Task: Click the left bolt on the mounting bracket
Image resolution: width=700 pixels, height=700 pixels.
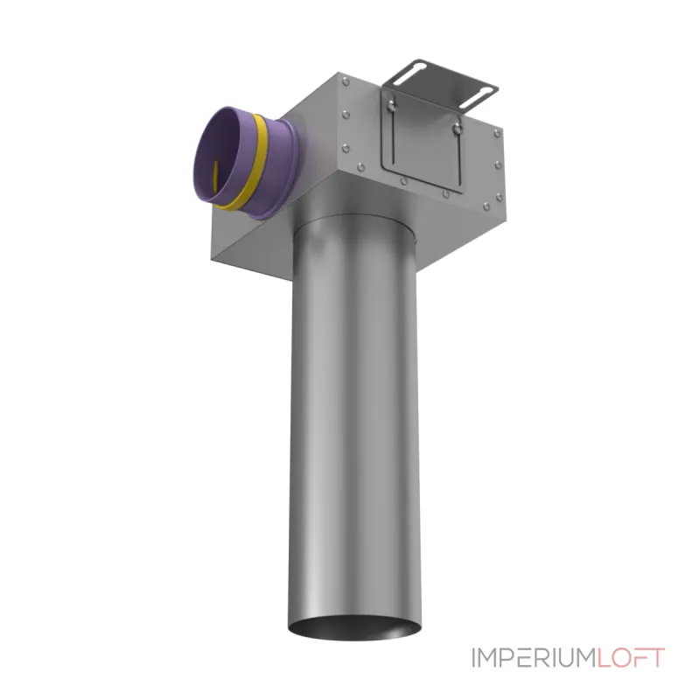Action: point(391,106)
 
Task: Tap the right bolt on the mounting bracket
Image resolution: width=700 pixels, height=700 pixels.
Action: point(456,129)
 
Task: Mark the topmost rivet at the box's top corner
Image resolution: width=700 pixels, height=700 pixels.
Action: point(346,81)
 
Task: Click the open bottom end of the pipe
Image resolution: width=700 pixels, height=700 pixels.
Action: point(354,626)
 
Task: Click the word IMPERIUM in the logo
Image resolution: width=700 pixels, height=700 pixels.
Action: point(534,658)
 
